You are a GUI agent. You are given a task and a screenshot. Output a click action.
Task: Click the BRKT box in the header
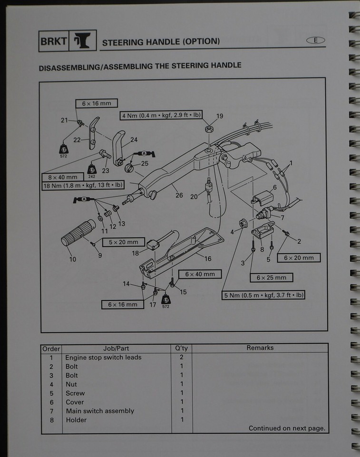click(x=53, y=41)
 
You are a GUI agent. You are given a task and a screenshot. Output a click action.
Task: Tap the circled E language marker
click(x=315, y=40)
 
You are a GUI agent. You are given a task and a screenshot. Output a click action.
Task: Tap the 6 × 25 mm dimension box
click(x=272, y=278)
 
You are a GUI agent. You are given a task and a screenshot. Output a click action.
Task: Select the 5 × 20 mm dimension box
click(x=123, y=242)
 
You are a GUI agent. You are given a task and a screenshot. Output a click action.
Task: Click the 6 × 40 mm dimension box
click(x=199, y=274)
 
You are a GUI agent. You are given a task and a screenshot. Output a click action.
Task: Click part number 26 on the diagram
click(x=179, y=195)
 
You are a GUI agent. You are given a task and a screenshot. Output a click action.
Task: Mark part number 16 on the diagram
click(x=208, y=258)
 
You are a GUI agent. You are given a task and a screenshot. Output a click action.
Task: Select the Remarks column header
click(x=260, y=348)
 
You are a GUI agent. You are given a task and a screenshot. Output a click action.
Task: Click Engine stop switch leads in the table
click(x=103, y=358)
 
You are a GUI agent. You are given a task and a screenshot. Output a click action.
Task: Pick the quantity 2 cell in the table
click(x=182, y=358)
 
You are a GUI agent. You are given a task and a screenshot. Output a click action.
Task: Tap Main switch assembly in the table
click(x=100, y=411)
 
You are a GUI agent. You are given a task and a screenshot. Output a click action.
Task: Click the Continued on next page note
click(x=287, y=428)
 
